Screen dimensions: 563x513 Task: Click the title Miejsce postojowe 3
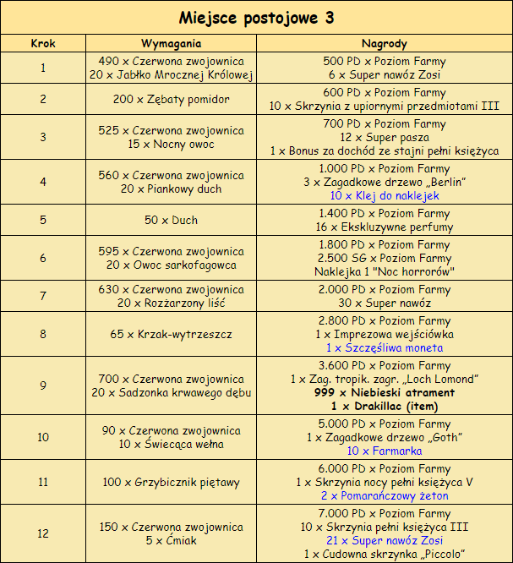(256, 18)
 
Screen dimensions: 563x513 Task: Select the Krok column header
(43, 43)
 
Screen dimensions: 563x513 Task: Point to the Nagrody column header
(385, 43)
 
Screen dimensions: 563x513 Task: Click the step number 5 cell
(43, 220)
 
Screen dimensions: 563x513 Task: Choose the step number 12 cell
(43, 533)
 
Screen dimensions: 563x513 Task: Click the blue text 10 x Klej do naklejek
(385, 195)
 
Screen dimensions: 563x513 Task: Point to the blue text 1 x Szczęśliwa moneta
(385, 347)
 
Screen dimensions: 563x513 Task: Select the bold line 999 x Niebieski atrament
(385, 392)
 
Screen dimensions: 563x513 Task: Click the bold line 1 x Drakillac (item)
(385, 406)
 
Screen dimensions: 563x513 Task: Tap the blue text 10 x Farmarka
(385, 451)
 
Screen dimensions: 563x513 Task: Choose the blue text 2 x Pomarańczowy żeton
(385, 496)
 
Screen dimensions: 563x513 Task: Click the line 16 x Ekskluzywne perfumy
(385, 227)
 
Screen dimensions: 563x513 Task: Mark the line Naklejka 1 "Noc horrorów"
(385, 271)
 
